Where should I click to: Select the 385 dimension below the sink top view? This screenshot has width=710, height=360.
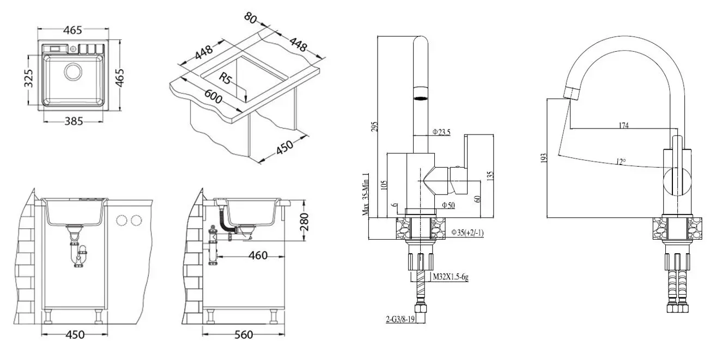click(72, 121)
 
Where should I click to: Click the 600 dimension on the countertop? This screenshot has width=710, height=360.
click(214, 99)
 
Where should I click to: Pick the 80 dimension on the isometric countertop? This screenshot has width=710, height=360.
click(251, 17)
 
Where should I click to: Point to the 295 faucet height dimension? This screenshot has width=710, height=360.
click(373, 126)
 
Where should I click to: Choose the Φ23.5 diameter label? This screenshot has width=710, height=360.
click(441, 132)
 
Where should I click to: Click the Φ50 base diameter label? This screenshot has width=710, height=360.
click(448, 205)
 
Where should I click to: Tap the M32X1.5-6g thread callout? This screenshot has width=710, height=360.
click(450, 277)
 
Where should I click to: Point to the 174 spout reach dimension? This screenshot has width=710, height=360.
click(624, 126)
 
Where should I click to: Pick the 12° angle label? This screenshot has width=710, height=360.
click(620, 162)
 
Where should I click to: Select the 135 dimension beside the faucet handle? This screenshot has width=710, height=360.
click(490, 175)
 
